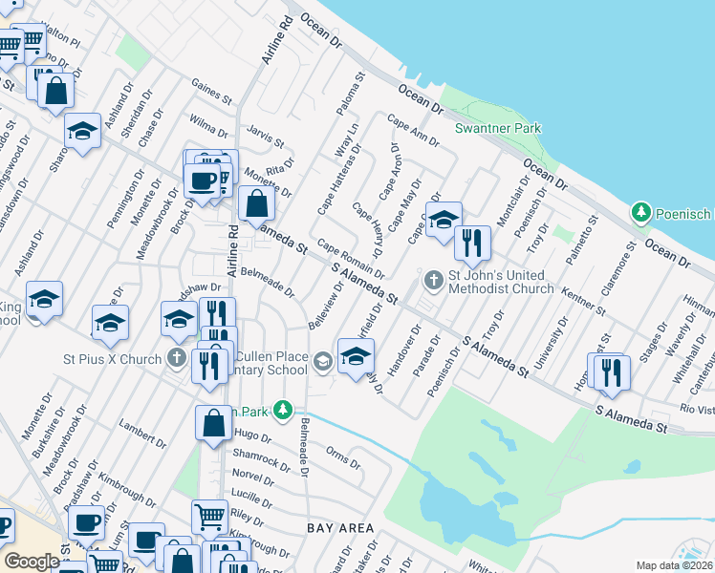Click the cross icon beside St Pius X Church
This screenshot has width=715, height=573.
[175, 358]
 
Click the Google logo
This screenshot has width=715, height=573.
[32, 562]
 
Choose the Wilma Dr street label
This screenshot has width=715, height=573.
[207, 125]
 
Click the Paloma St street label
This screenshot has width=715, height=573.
[349, 92]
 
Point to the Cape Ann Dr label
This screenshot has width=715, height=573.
[412, 130]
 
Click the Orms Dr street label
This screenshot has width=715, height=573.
[342, 457]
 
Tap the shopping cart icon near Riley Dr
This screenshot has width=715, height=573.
[209, 517]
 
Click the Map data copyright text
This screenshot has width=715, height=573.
[675, 565]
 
